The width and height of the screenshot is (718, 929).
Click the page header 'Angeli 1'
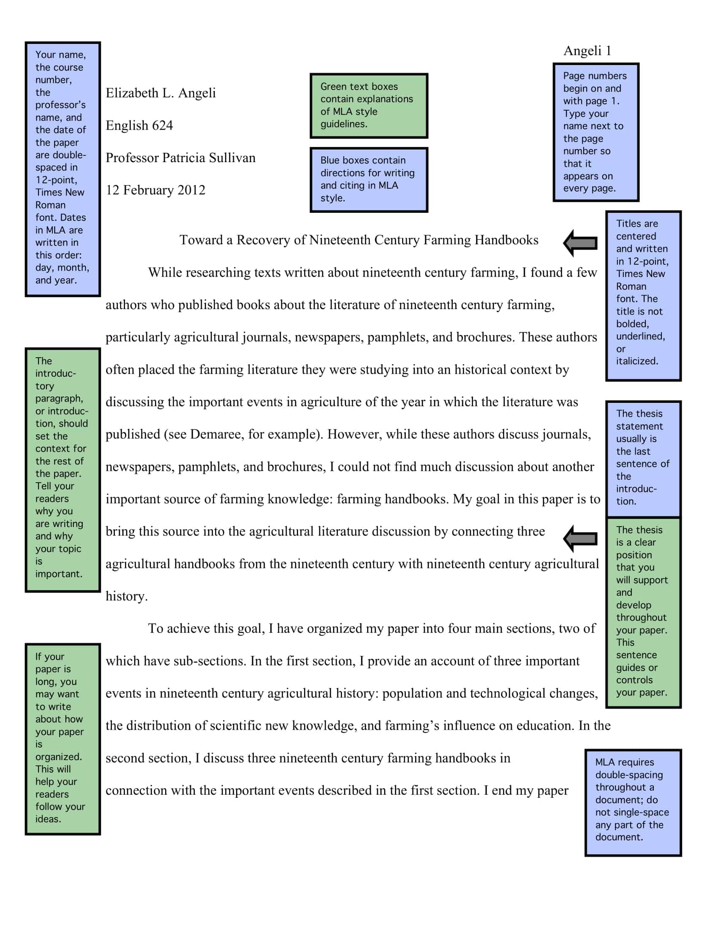click(x=587, y=51)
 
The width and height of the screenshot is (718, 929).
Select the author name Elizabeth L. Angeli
click(x=160, y=93)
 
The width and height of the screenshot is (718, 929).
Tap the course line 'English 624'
click(x=139, y=125)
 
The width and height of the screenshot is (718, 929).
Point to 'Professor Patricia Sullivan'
click(x=180, y=158)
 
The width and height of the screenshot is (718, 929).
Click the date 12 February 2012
click(x=155, y=190)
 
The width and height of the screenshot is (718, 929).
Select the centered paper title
click(x=359, y=240)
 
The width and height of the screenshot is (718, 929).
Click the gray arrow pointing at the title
click(x=580, y=243)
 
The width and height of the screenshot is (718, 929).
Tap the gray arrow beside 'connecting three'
click(x=580, y=538)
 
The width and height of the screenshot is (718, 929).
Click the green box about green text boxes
click(x=368, y=106)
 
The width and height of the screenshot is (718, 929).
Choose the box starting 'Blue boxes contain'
click(x=368, y=179)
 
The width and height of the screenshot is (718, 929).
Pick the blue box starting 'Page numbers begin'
click(x=596, y=132)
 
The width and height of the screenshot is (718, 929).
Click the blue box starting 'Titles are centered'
click(x=643, y=296)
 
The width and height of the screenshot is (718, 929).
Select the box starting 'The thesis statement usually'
click(x=643, y=459)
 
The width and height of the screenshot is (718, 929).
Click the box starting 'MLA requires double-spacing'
click(x=633, y=802)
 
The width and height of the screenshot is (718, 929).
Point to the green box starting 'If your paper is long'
click(x=63, y=739)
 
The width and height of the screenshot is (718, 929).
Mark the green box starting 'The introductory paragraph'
click(x=63, y=469)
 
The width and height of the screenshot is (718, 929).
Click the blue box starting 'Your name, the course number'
click(x=63, y=169)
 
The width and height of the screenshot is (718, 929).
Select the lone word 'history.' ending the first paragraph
click(x=126, y=596)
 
